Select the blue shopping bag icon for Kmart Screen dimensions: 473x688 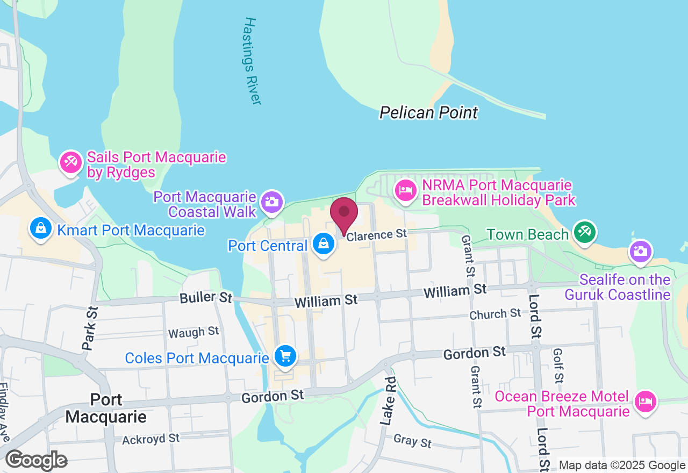pyautogui.click(x=40, y=228)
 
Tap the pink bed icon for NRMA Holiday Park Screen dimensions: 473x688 pyautogui.click(x=406, y=190)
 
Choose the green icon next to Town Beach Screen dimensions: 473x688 pyautogui.click(x=583, y=232)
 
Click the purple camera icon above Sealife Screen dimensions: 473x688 pyautogui.click(x=641, y=252)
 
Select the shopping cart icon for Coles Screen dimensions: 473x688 pyautogui.click(x=285, y=355)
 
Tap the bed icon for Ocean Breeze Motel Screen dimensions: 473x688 pyautogui.click(x=646, y=402)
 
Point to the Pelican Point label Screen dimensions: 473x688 pyautogui.click(x=428, y=113)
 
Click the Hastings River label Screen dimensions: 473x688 pyautogui.click(x=252, y=61)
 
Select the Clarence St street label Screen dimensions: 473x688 pyautogui.click(x=377, y=235)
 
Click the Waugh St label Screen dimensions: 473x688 pyautogui.click(x=193, y=333)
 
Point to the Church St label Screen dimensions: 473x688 pyautogui.click(x=495, y=313)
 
